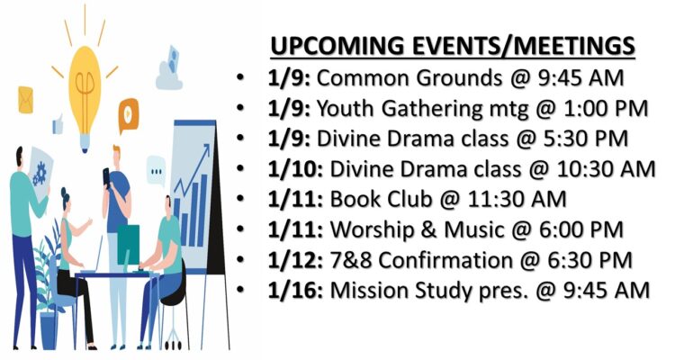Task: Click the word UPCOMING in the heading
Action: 337,46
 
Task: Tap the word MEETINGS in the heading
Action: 567,46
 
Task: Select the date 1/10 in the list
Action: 295,169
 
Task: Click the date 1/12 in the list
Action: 295,260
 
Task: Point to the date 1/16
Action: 295,291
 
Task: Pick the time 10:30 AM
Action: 606,169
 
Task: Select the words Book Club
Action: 381,200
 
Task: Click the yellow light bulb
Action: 85,98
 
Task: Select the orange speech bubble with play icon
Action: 129,113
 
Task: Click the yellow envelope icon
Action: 25,100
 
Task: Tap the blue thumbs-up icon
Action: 58,124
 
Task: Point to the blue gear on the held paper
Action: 40,173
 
